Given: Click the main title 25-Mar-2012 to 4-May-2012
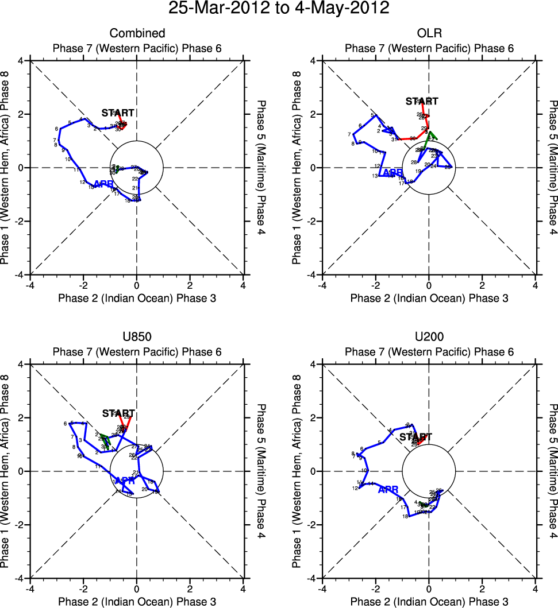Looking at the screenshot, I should pos(279,9).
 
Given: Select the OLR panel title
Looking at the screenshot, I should pos(429,33).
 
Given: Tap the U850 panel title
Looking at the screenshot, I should pos(137,337).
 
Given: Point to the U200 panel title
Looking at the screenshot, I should pos(429,337).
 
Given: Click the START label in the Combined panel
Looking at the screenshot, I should pos(118,113).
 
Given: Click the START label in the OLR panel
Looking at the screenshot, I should pos(422,102).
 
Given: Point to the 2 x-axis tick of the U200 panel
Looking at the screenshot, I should pos(482,589).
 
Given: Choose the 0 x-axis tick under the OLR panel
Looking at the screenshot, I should pos(429,285).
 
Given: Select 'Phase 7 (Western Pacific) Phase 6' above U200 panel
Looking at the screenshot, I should pos(429,352).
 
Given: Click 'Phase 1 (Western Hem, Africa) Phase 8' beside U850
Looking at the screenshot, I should pos(7,471).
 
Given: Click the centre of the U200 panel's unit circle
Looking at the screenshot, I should pos(429,471).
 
